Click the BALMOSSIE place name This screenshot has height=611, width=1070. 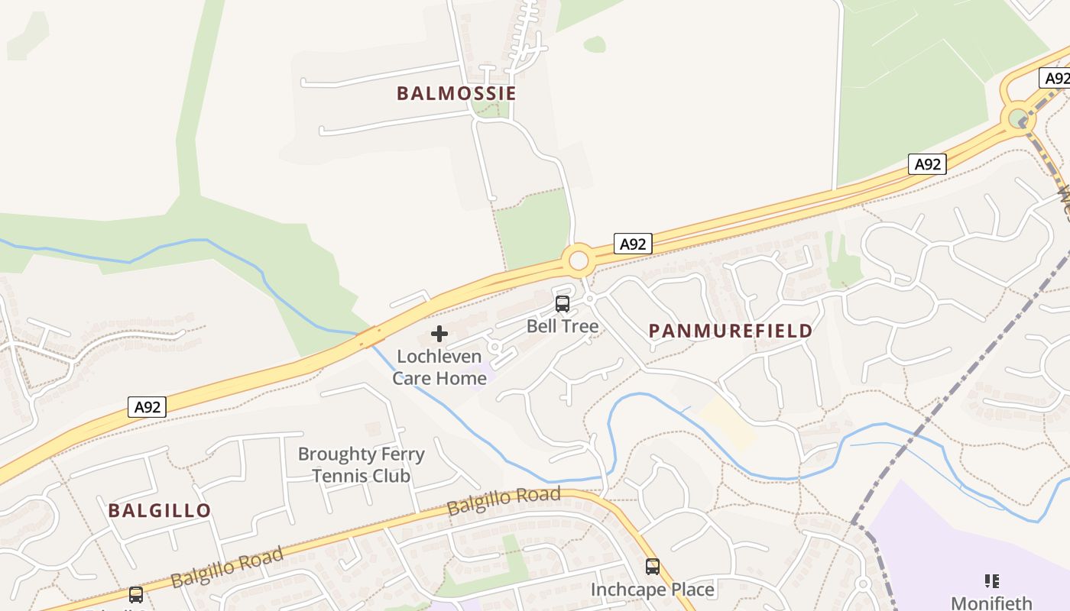click(x=456, y=93)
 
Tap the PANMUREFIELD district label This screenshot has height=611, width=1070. click(x=730, y=331)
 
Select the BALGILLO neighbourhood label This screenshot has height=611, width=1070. click(x=159, y=510)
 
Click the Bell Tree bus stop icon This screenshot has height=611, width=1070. click(x=563, y=304)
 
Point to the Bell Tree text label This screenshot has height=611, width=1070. click(x=563, y=326)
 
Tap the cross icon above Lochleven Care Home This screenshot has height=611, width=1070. click(x=439, y=334)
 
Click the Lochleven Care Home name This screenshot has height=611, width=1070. click(x=439, y=367)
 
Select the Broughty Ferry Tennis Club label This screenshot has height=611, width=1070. click(x=361, y=464)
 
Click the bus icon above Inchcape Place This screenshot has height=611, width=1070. click(x=652, y=567)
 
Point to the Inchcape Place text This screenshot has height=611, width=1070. click(x=652, y=590)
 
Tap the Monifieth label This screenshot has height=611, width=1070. click(x=991, y=603)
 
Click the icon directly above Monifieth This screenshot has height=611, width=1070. click(x=991, y=581)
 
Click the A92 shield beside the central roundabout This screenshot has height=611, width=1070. click(x=633, y=244)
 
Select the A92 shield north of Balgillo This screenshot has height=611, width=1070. click(x=147, y=407)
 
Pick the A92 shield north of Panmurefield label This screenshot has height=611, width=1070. click(x=927, y=164)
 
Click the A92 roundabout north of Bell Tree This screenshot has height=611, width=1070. click(x=579, y=261)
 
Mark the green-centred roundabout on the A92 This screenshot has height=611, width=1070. click(x=1017, y=118)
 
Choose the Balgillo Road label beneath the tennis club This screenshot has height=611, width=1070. click(x=504, y=501)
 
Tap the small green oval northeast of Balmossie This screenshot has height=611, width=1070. click(x=595, y=44)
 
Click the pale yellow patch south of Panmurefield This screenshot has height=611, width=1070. click(x=726, y=422)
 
